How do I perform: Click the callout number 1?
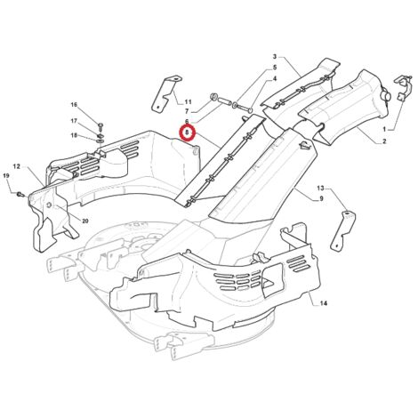[x=384, y=130]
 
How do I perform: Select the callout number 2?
[x=384, y=141]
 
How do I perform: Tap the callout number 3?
[x=275, y=56]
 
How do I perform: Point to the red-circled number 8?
[x=187, y=133]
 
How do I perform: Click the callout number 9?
[x=321, y=199]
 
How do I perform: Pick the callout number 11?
[x=189, y=102]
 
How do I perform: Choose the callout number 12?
[x=17, y=166]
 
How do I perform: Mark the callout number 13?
[x=320, y=188]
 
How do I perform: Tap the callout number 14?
[x=324, y=303]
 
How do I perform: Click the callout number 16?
[x=74, y=104]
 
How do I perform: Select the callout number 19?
[x=6, y=176]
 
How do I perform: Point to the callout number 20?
[x=85, y=221]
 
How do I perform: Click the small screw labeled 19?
[x=20, y=195]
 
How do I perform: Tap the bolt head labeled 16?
[x=100, y=125]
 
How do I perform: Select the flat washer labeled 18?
[x=100, y=140]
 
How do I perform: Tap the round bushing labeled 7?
[x=213, y=96]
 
